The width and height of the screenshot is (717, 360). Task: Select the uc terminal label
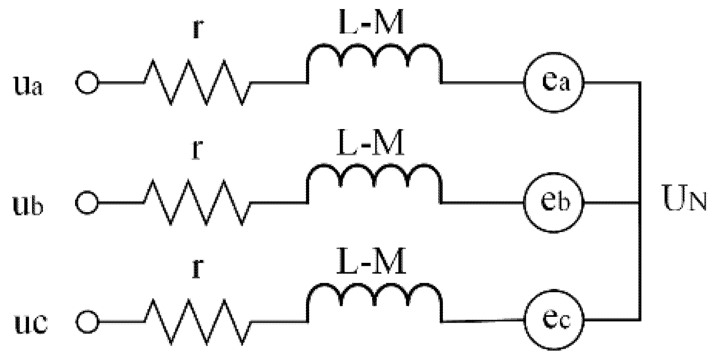pos(30,324)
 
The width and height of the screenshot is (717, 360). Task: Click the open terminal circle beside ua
pos(87,83)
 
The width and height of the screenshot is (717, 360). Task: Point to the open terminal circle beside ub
pos(87,203)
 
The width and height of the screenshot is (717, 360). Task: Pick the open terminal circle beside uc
pos(87,321)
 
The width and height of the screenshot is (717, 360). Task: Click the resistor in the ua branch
pos(198,83)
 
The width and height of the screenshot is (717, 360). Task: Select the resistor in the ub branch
pos(198,203)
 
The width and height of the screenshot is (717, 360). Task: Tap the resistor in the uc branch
pos(198,321)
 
